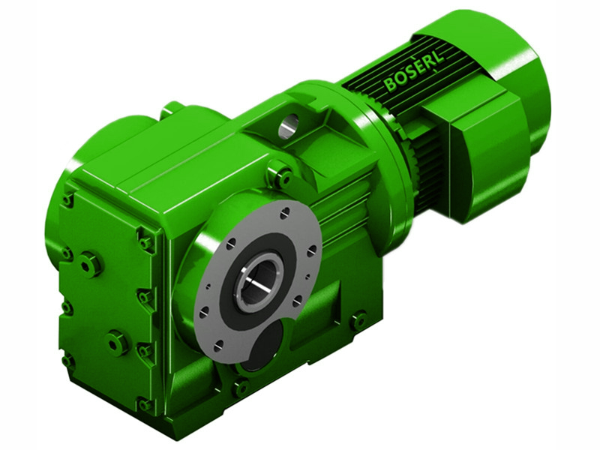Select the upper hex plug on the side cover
90,264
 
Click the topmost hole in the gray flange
285,214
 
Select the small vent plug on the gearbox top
172,109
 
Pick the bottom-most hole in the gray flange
218,346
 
